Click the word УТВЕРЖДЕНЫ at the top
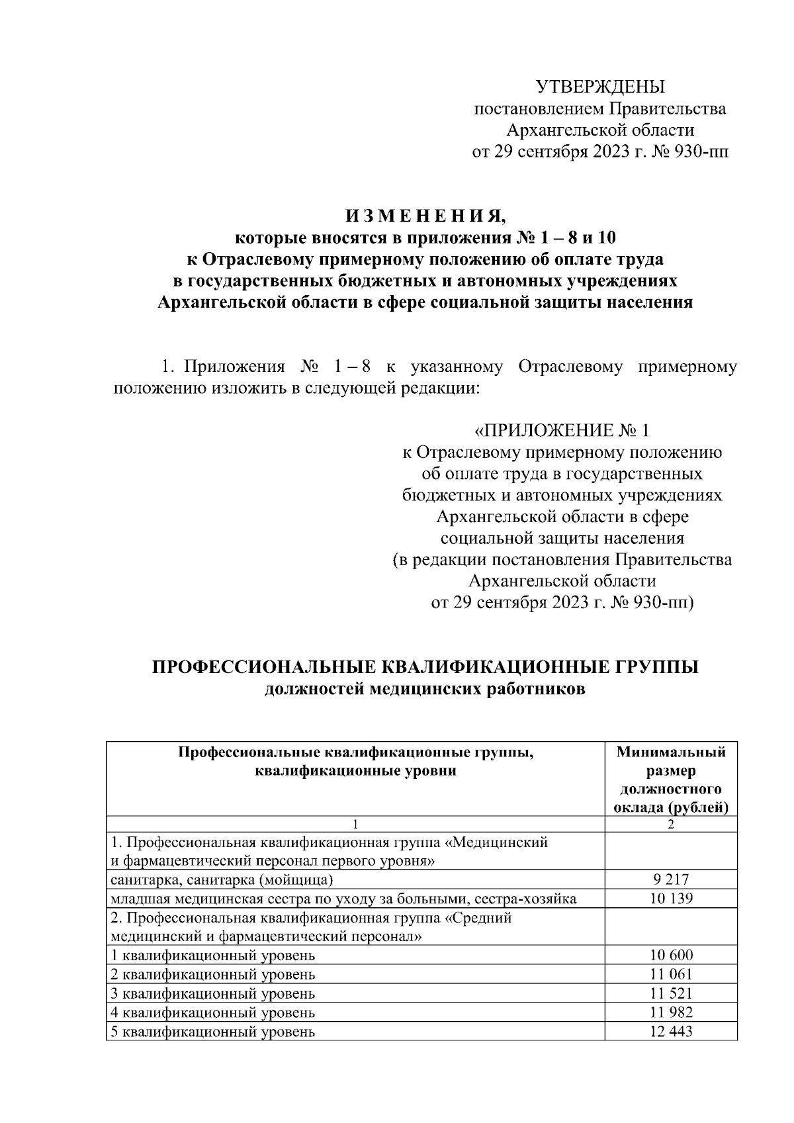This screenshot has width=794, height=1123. pyautogui.click(x=599, y=87)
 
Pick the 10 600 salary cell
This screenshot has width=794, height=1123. pyautogui.click(x=671, y=955)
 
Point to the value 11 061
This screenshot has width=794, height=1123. pyautogui.click(x=671, y=974)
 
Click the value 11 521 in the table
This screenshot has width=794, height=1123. pyautogui.click(x=671, y=993)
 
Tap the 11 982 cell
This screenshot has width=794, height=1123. pyautogui.click(x=671, y=1012)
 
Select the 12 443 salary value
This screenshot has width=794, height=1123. pyautogui.click(x=671, y=1032)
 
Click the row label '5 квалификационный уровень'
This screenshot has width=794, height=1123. pyautogui.click(x=212, y=1032)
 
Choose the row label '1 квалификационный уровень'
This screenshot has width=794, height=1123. pyautogui.click(x=212, y=955)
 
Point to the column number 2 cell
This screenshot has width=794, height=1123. pyautogui.click(x=671, y=824)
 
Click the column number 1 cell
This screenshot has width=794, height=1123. pyautogui.click(x=355, y=824)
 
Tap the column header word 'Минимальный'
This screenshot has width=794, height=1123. pyautogui.click(x=671, y=752)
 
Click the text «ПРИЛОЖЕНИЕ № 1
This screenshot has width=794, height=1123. pyautogui.click(x=562, y=431)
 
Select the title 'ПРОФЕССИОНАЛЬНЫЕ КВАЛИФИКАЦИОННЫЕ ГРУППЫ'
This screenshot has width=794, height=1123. pyautogui.click(x=425, y=666)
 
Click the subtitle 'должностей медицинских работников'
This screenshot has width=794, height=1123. pyautogui.click(x=425, y=689)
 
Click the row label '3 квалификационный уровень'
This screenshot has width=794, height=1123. pyautogui.click(x=212, y=993)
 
